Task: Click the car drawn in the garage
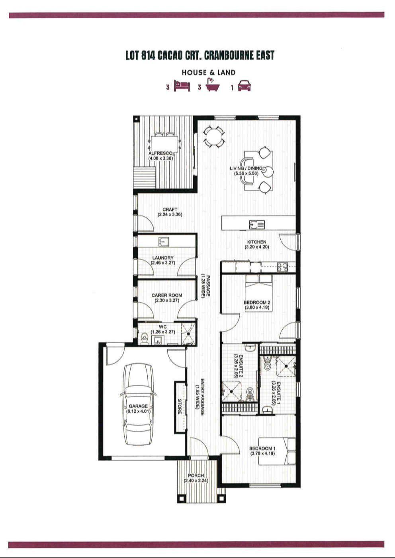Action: tap(138, 406)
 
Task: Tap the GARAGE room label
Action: tap(138, 406)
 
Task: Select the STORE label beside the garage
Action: tap(180, 407)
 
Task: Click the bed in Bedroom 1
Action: tap(277, 451)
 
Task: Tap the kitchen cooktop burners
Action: tap(283, 267)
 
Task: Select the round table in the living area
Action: tap(214, 136)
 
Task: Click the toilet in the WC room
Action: tap(144, 338)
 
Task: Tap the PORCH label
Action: tap(196, 476)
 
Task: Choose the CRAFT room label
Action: tap(170, 210)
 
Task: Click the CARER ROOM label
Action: tap(167, 296)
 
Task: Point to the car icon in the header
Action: tap(244, 86)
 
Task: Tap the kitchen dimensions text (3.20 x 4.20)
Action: tap(257, 247)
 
